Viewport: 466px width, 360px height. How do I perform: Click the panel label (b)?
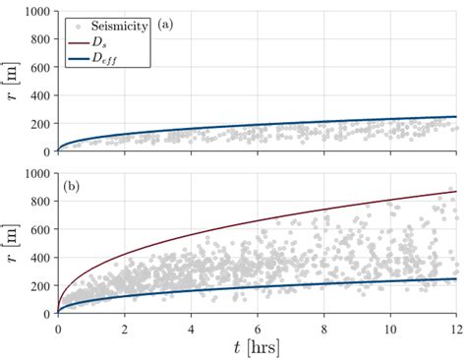click(x=73, y=186)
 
